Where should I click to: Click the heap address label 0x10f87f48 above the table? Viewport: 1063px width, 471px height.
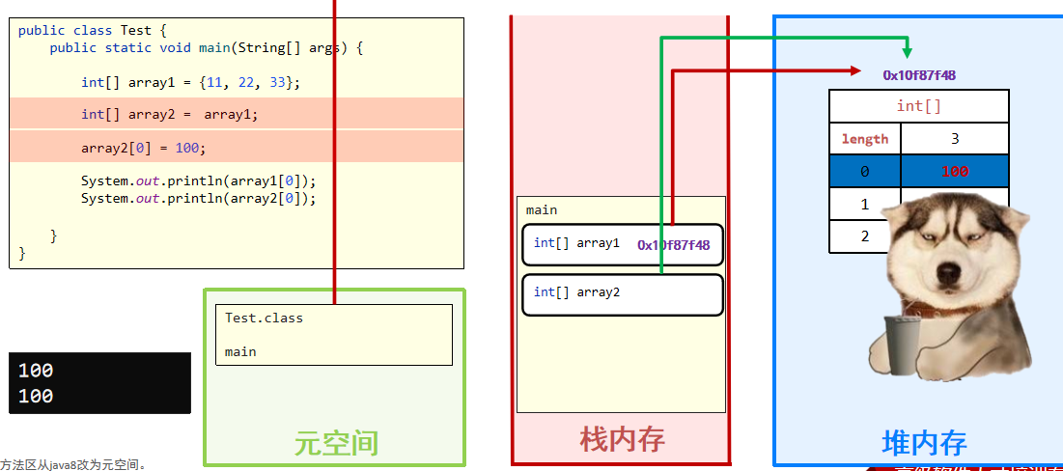919,75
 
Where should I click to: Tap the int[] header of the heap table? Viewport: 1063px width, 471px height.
918,106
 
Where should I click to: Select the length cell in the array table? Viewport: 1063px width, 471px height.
864,139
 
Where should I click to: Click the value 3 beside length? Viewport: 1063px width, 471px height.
955,139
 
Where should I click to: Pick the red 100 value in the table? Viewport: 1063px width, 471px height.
954,172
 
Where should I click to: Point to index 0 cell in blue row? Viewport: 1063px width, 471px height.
864,172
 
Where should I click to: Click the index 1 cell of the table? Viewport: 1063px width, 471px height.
864,205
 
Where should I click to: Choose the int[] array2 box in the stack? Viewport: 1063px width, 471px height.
622,294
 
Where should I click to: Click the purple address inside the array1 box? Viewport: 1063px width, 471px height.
673,245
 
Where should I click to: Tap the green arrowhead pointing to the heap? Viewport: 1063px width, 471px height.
907,52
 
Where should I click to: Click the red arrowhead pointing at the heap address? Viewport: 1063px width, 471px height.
854,70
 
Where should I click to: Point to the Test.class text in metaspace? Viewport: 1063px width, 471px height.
264,318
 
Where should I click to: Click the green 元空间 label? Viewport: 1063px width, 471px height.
336,443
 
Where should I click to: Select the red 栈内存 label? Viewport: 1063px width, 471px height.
622,440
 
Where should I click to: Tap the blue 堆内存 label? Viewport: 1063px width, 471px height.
924,443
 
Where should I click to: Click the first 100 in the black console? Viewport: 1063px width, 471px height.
36,371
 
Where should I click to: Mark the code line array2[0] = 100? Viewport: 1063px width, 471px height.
144,148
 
